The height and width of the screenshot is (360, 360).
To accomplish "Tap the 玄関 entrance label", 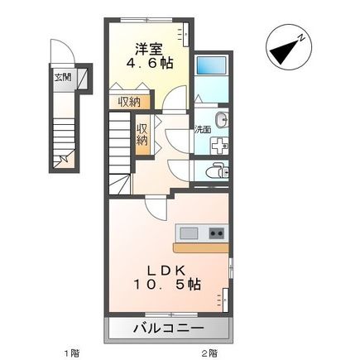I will [x=62, y=76].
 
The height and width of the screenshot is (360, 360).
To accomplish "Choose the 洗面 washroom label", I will [x=202, y=129].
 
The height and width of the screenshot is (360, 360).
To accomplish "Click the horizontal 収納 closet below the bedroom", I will [x=128, y=102].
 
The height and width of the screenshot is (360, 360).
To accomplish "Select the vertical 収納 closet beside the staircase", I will [x=142, y=135].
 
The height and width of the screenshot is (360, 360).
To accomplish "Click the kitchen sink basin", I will [x=189, y=233].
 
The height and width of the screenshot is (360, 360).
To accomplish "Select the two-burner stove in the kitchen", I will [x=216, y=233].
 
